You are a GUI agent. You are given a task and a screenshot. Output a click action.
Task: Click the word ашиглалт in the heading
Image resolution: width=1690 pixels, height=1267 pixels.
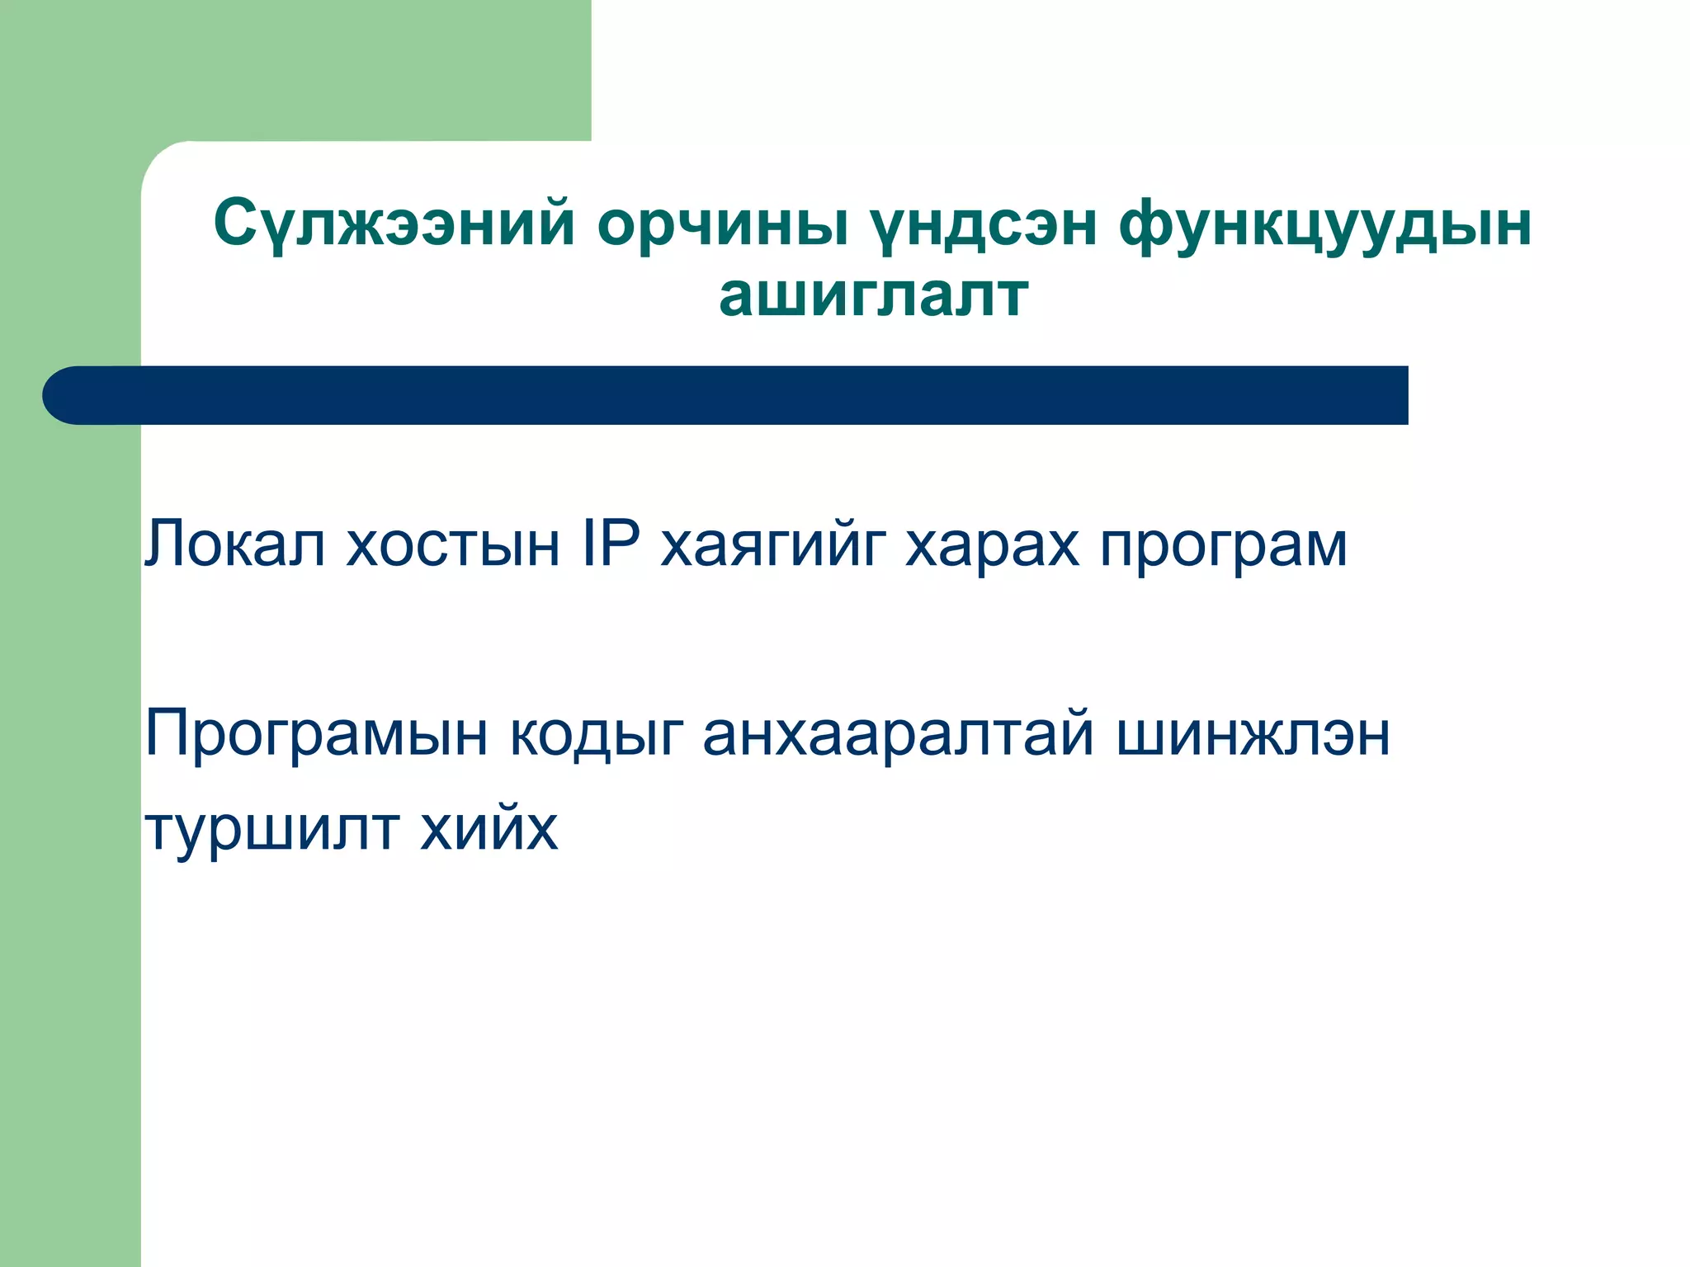point(873,295)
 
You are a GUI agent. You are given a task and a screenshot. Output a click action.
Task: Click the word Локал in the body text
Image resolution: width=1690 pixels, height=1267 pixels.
point(235,544)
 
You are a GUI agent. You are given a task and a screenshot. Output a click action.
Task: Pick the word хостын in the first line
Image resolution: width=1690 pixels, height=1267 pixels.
point(453,544)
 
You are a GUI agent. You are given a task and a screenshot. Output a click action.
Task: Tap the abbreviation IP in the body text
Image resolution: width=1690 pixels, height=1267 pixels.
point(611,544)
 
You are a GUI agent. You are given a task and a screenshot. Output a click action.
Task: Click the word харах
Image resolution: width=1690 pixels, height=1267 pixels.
point(992,544)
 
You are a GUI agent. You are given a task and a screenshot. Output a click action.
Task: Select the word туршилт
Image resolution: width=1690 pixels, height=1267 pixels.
point(271,829)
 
